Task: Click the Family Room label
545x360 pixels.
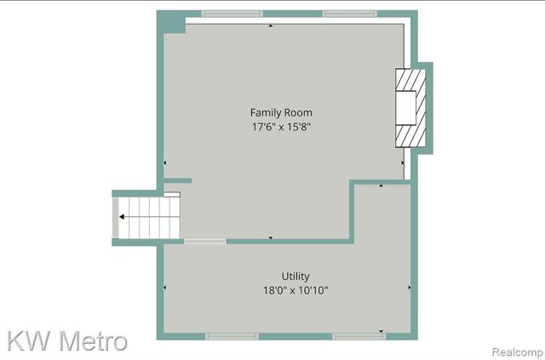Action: pos(280,112)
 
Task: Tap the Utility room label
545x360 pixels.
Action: pos(295,276)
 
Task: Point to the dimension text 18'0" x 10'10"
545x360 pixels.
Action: pos(295,290)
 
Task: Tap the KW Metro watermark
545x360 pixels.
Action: pos(68,340)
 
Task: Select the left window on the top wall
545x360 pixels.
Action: pos(232,14)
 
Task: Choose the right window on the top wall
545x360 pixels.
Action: pos(350,14)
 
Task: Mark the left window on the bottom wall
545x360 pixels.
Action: pos(232,336)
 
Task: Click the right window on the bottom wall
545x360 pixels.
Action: pos(358,336)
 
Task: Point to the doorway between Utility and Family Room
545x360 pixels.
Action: pos(205,242)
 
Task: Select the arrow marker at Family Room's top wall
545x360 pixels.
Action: pos(271,26)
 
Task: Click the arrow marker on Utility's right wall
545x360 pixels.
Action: pos(410,288)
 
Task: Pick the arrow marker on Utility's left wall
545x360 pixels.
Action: pos(164,288)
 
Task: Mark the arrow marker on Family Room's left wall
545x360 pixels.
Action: pos(164,163)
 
